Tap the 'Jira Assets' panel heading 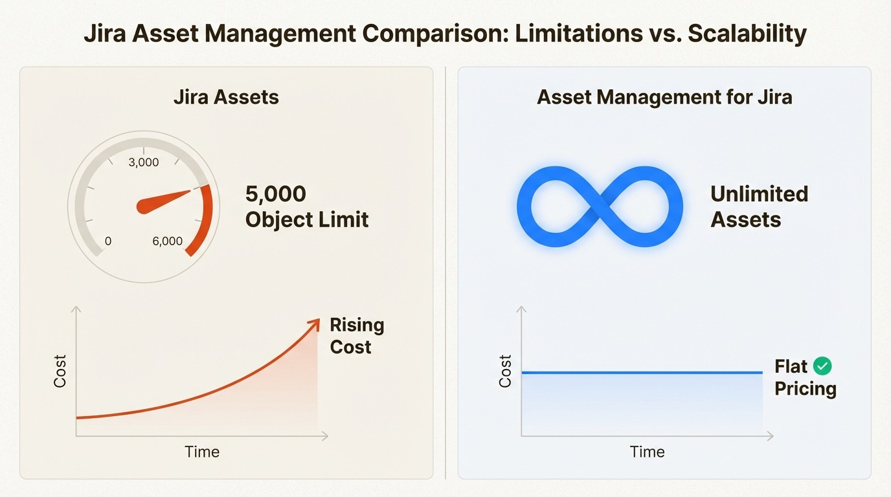[226, 98]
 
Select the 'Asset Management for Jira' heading [664, 98]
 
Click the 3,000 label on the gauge [144, 162]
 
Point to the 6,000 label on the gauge [168, 241]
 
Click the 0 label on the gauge [108, 241]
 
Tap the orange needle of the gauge [165, 199]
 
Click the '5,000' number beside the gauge [275, 194]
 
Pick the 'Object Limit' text [306, 220]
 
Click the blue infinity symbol [600, 206]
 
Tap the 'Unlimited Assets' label [759, 206]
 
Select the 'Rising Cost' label [357, 335]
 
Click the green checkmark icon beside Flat [822, 366]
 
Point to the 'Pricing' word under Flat [806, 389]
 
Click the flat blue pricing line [641, 373]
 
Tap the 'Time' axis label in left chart [202, 452]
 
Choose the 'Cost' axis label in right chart [505, 371]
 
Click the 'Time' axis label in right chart [647, 452]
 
